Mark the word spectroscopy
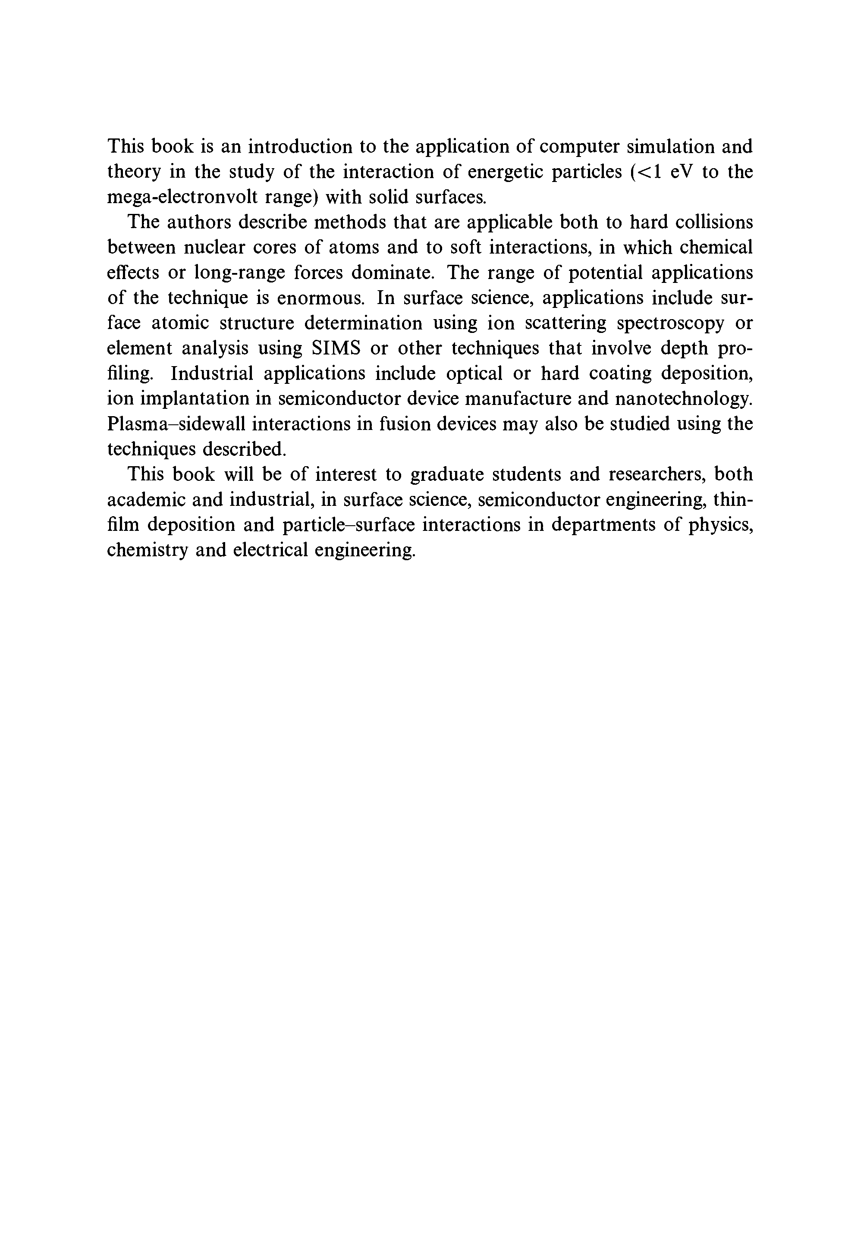click(670, 323)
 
